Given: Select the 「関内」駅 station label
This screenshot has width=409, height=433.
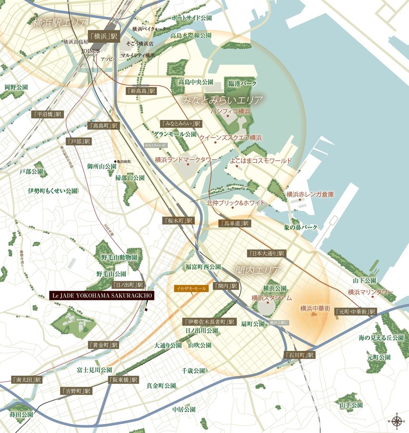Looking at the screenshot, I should pos(225,286).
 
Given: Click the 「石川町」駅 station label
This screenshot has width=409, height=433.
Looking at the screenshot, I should pos(299,355).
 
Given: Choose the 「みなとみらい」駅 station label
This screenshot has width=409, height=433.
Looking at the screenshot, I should pos(181,124).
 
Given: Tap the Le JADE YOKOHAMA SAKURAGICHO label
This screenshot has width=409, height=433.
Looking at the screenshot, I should pos(102,295).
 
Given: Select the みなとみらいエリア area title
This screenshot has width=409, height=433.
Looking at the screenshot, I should pos(223,101).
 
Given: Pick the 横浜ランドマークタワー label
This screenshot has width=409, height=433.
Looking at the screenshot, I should pos(186,160).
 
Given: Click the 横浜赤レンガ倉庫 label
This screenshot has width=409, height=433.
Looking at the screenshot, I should pos(310,194).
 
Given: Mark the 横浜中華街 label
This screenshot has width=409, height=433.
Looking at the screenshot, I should pos(315,309).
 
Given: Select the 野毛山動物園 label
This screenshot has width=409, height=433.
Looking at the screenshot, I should pos(119,257).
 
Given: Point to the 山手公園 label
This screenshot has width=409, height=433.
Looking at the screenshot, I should pos(351,405).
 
